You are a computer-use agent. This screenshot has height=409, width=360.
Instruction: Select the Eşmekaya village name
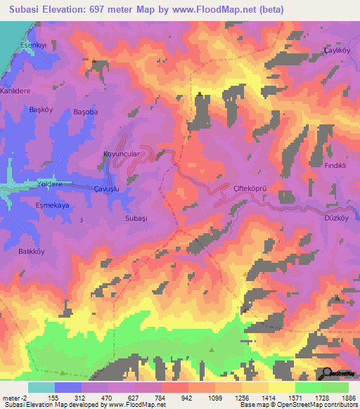52,206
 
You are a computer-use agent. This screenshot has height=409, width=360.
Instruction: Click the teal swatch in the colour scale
41,387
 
